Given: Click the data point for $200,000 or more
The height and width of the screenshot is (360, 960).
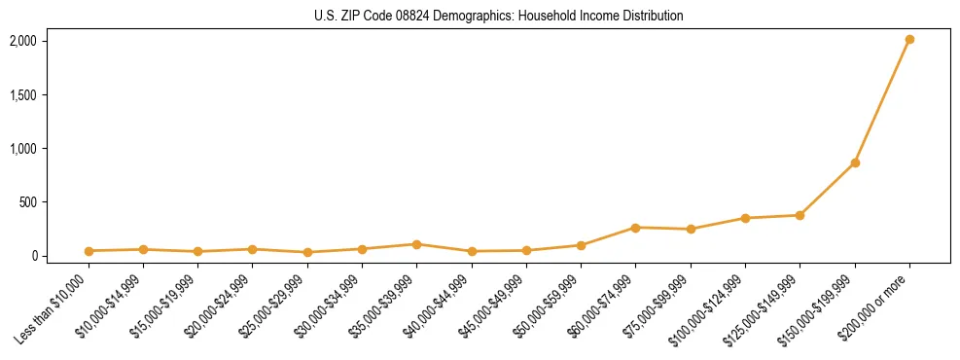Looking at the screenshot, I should (x=909, y=40).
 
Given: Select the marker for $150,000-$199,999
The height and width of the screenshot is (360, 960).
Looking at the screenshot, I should (x=855, y=162).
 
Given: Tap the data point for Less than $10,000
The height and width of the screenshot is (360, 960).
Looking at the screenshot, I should (x=89, y=251).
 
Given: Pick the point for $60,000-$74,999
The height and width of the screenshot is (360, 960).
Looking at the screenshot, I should (x=635, y=228).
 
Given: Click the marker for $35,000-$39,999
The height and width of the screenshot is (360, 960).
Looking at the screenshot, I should (x=416, y=244).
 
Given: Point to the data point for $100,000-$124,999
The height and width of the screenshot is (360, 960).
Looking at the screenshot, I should (x=745, y=218).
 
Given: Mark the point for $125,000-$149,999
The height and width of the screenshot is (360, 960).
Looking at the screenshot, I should (x=800, y=215).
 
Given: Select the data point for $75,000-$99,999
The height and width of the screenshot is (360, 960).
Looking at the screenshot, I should (x=691, y=230).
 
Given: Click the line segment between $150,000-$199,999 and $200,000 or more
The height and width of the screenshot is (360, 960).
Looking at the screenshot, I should (x=882, y=101).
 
